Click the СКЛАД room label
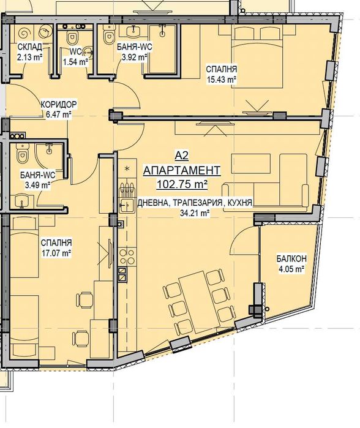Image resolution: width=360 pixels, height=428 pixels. (30, 47)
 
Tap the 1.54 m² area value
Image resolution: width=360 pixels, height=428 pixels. (75, 62)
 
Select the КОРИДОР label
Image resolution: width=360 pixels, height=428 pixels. (59, 104)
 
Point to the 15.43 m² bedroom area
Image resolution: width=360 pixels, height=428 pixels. (222, 80)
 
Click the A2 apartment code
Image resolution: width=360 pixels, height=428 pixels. (181, 156)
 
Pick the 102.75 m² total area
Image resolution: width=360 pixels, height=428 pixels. (181, 184)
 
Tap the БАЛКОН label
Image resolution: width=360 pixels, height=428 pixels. (291, 258)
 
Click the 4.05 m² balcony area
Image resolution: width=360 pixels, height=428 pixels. (291, 269)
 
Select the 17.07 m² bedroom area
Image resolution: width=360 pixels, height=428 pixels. (56, 253)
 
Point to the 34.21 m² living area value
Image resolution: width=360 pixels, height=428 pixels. (195, 213)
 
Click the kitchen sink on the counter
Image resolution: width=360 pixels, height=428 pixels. (126, 204)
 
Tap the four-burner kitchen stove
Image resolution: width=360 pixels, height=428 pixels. (127, 257)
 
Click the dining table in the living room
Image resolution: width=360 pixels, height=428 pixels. (195, 301)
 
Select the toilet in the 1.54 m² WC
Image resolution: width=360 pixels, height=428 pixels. (72, 38)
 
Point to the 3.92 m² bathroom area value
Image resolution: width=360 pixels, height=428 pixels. (134, 58)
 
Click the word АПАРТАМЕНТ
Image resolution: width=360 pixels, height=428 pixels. (181, 171)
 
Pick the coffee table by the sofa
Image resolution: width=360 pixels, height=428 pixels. (250, 163)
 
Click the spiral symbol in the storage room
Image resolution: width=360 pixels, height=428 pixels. (24, 33)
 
